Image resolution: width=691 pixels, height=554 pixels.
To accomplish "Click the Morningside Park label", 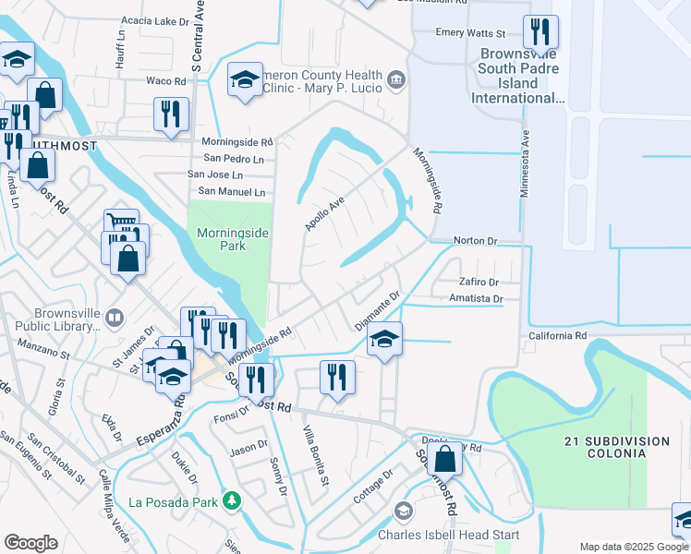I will (x=233, y=240).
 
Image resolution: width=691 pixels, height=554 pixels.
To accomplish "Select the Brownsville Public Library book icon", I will (x=114, y=319).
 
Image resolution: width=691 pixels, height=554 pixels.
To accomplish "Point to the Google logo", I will (x=30, y=543).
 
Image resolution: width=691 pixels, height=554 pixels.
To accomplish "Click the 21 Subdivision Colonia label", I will (x=604, y=446).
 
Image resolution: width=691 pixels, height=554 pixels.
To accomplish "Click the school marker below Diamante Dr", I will (x=384, y=339).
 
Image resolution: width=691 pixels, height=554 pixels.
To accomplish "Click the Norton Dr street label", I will (x=475, y=241).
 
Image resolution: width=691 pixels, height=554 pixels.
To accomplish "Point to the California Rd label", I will (x=558, y=336).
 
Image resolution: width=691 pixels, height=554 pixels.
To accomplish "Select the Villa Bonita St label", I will (x=314, y=454).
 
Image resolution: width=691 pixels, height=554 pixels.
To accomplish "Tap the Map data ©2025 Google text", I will (x=634, y=547).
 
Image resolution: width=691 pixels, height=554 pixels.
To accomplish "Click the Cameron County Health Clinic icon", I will (x=396, y=81).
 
